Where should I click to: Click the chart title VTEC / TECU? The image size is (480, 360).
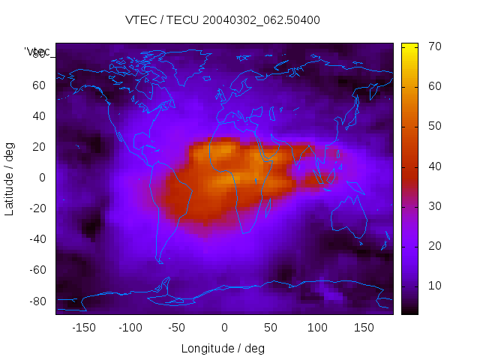tap(222, 20)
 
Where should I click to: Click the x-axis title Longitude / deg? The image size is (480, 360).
tap(223, 348)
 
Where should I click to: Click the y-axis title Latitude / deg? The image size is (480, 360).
tap(10, 178)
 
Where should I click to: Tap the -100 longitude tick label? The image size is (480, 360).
tap(130, 327)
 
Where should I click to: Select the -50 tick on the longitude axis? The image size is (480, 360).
tap(177, 327)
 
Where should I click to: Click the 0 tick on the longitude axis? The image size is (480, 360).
tap(223, 327)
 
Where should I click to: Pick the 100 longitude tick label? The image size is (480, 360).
tap(317, 327)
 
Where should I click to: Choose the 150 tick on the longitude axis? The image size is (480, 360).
tap(364, 327)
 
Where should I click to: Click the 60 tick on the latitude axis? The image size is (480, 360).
tap(39, 85)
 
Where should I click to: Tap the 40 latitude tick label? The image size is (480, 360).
tap(39, 116)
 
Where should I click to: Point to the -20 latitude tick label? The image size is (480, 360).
tap(37, 208)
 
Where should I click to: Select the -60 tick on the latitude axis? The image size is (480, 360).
tap(37, 270)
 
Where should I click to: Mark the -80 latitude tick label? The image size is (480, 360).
tap(37, 301)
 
